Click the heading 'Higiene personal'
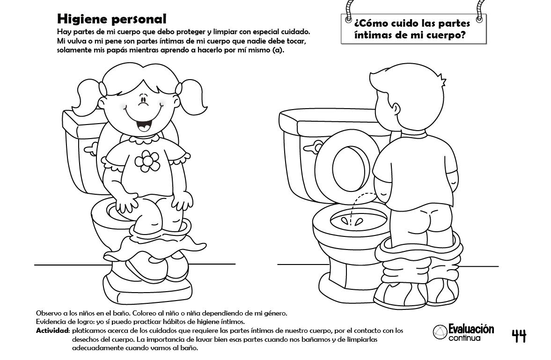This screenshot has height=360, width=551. coord(112,19)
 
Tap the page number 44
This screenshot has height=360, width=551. coord(519,336)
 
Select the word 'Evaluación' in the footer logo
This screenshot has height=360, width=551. coord(471,329)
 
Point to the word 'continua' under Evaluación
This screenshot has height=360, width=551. coord(464,338)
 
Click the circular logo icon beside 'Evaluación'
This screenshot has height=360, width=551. coord(440,332)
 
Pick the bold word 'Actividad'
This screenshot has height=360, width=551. coord(52,331)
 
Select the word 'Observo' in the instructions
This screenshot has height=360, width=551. coord(48,313)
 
